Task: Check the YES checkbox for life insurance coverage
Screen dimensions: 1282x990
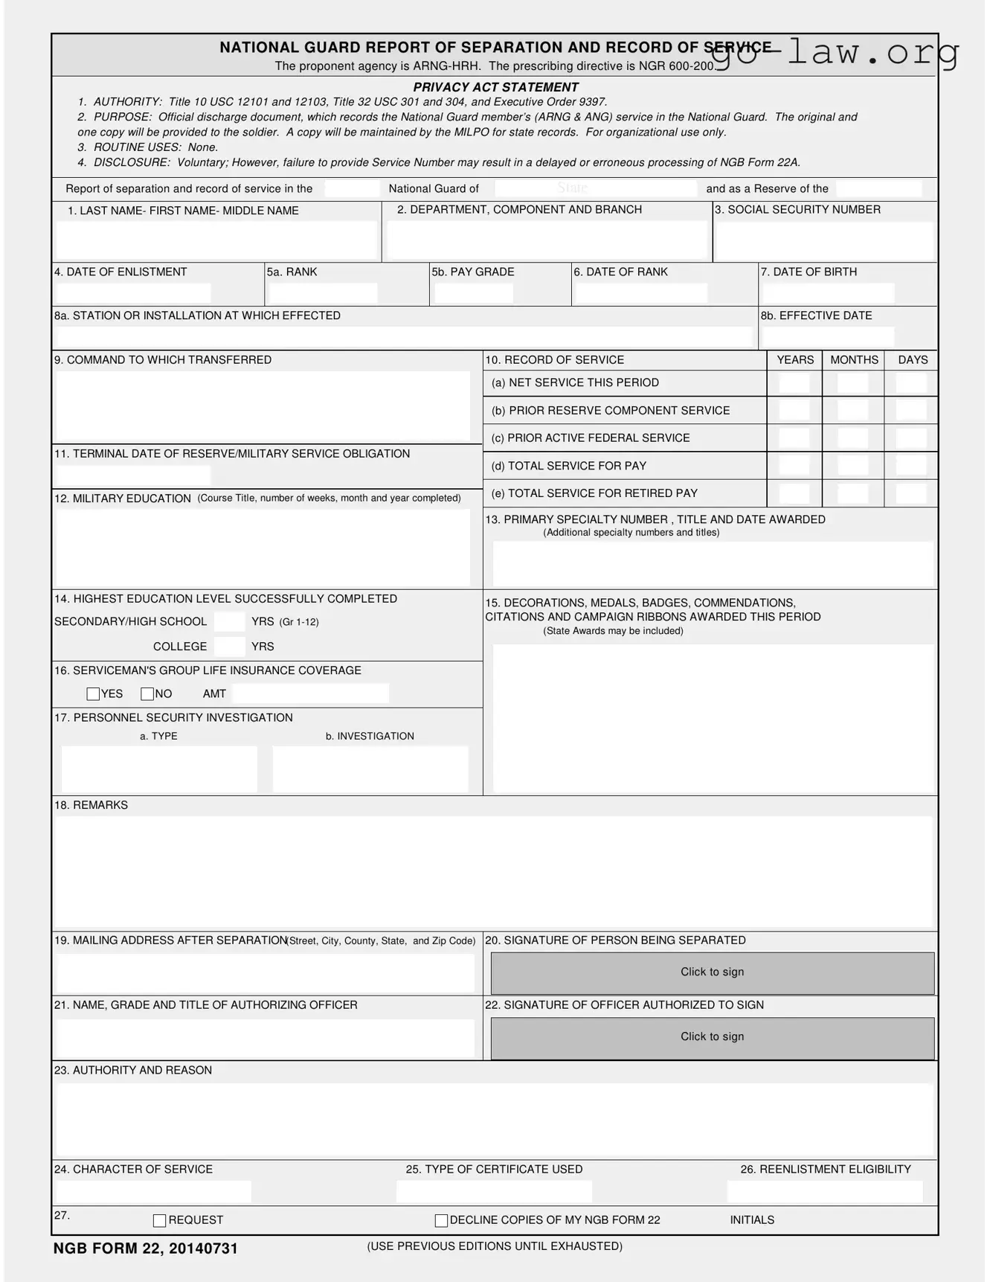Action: pyautogui.click(x=93, y=694)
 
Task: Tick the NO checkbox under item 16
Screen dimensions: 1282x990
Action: pyautogui.click(x=147, y=694)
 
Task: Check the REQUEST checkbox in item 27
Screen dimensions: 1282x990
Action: pyautogui.click(x=159, y=1220)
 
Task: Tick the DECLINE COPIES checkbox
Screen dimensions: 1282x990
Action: pyautogui.click(x=441, y=1220)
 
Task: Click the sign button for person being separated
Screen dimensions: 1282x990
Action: pyautogui.click(x=712, y=972)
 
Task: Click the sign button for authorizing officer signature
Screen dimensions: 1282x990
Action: pyautogui.click(x=712, y=1037)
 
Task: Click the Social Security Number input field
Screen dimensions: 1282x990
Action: pyautogui.click(x=823, y=240)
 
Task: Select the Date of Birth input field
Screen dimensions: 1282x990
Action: pyautogui.click(x=827, y=293)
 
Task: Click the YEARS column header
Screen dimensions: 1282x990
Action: pyautogui.click(x=794, y=360)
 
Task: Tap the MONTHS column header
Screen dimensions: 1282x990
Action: pyautogui.click(x=853, y=360)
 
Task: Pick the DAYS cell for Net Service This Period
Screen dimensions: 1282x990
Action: pyautogui.click(x=910, y=383)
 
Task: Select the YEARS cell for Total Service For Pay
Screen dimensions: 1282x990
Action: pyautogui.click(x=794, y=466)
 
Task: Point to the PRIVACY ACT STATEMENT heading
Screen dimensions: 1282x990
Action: pyautogui.click(x=495, y=87)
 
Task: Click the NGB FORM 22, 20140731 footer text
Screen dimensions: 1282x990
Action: pyautogui.click(x=145, y=1249)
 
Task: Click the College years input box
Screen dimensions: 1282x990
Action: pyautogui.click(x=229, y=647)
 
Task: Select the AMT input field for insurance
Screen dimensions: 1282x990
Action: pyautogui.click(x=310, y=694)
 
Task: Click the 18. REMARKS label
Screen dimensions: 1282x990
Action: pyautogui.click(x=91, y=805)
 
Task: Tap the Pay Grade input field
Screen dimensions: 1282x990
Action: pyautogui.click(x=473, y=293)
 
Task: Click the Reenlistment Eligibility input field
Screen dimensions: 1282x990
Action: pyautogui.click(x=824, y=1191)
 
